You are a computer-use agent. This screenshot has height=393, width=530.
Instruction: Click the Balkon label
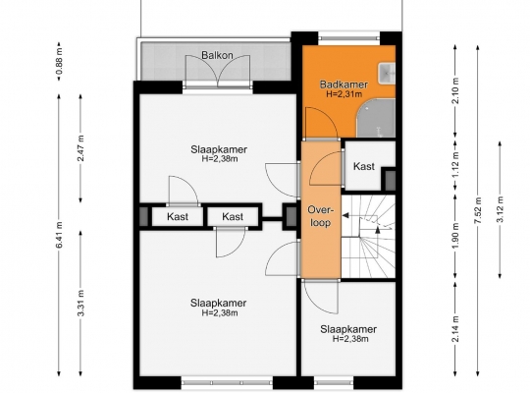coord(217,55)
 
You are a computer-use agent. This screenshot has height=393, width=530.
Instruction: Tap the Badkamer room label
coord(344,84)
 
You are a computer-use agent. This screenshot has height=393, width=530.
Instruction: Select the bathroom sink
coord(387,73)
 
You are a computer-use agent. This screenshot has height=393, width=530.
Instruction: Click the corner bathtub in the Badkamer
coord(377,118)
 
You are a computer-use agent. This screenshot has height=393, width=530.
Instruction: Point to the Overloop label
coord(320,216)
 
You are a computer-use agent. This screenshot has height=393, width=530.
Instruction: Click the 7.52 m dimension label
coord(478,211)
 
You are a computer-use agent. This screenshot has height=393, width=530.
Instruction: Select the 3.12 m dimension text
coord(501,209)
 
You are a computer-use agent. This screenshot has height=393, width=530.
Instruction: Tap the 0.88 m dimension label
coord(59,62)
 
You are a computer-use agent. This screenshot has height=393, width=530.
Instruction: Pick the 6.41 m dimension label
coord(59,235)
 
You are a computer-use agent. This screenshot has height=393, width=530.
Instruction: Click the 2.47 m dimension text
coord(80,148)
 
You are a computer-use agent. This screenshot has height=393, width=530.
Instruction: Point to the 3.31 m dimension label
coord(80,303)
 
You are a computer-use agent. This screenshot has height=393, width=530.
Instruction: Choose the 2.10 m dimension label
coord(455,91)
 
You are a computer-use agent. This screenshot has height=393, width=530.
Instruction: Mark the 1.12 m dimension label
coord(455,164)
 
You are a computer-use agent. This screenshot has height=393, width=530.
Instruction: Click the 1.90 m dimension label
coord(455,236)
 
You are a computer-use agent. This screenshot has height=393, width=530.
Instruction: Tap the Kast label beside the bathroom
coord(364,166)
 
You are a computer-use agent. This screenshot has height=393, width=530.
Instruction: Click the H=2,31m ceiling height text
coord(344,94)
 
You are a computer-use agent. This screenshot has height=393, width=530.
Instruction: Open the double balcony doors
coord(218,71)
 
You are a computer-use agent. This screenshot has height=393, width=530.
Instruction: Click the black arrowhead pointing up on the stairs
coord(378,230)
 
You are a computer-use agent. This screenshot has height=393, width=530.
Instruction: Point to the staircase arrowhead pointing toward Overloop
coord(345,215)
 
